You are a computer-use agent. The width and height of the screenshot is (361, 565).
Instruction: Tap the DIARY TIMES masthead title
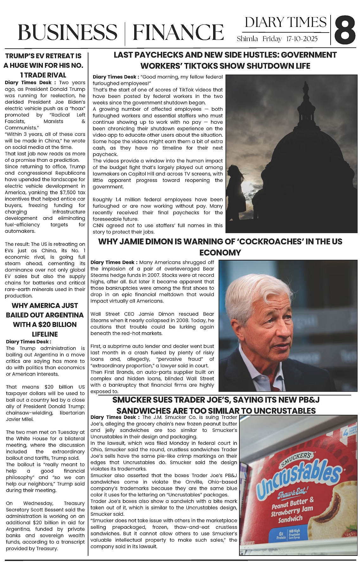click(285, 22)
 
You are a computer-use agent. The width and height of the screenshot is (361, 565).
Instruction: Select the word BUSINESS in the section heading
click(67, 32)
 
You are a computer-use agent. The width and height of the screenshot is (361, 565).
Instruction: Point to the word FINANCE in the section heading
click(178, 32)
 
